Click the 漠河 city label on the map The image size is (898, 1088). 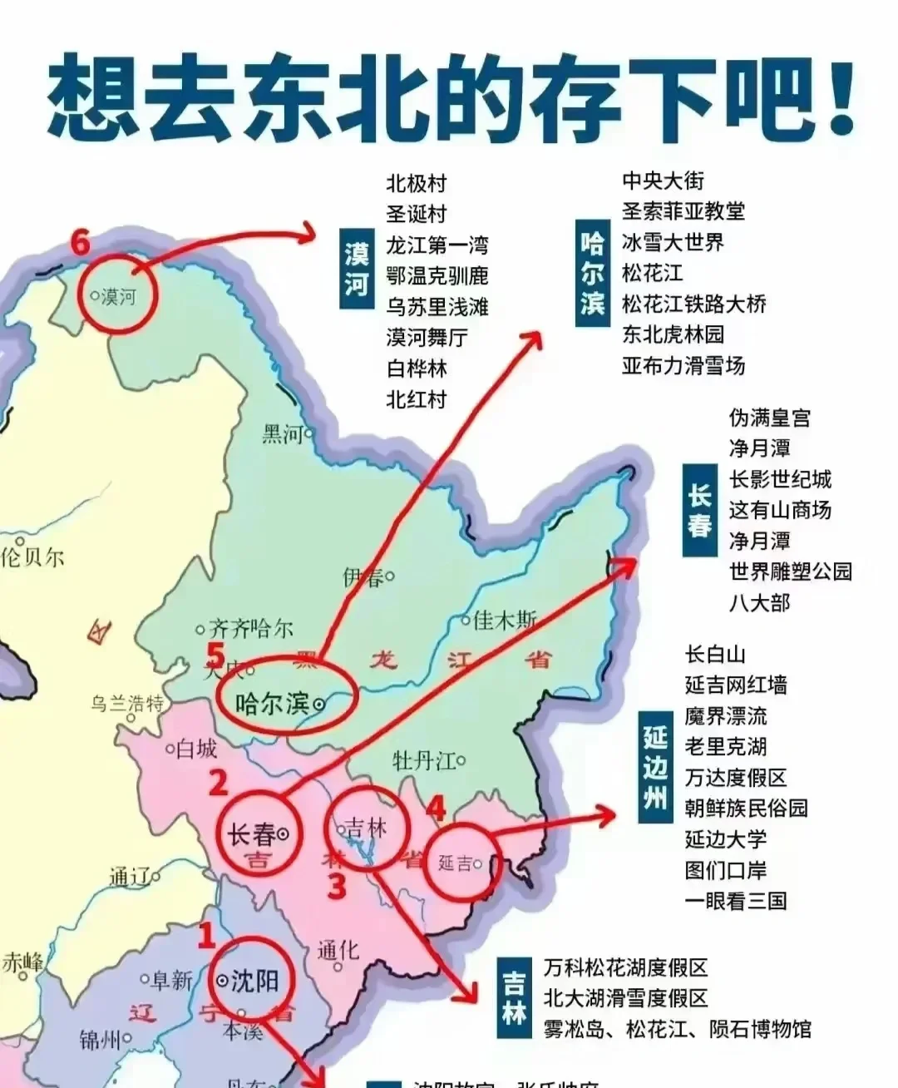117,295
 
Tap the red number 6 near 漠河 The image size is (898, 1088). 80,244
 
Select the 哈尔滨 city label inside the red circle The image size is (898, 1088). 273,704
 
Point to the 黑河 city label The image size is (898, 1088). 284,433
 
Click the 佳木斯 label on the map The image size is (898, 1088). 505,620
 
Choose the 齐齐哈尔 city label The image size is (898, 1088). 249,629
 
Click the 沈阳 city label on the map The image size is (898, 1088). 254,982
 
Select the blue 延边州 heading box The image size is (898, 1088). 655,767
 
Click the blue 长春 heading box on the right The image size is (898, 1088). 699,512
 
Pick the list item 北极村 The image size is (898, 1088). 417,183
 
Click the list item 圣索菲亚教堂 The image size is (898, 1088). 683,211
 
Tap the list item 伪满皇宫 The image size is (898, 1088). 769,418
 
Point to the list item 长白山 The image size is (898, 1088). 715,655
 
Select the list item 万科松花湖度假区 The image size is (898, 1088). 625,968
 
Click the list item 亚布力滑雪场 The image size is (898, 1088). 683,365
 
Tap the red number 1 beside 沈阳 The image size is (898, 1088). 205,936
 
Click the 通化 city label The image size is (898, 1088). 338,949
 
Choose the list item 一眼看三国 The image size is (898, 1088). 736,901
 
